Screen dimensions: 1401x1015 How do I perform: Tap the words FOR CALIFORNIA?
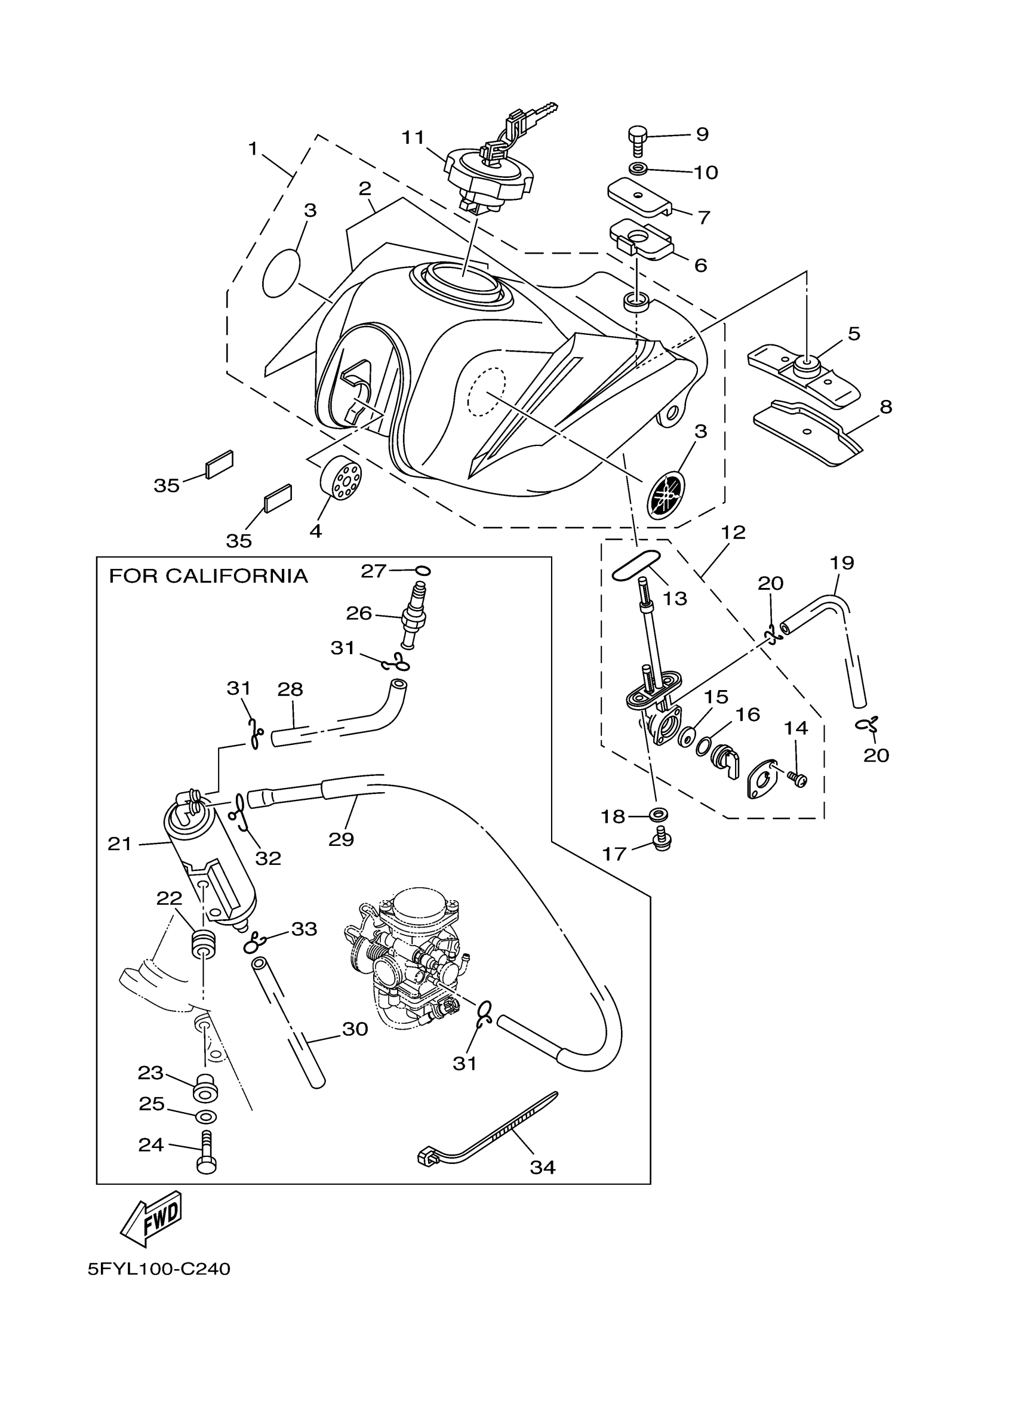pos(208,576)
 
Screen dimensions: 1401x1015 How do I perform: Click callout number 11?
pos(413,137)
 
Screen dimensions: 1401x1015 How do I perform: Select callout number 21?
pos(120,844)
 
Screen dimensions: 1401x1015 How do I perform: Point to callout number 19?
pos(842,563)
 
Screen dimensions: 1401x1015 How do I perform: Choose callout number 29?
pos(341,839)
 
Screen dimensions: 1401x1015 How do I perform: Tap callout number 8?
pos(886,407)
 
